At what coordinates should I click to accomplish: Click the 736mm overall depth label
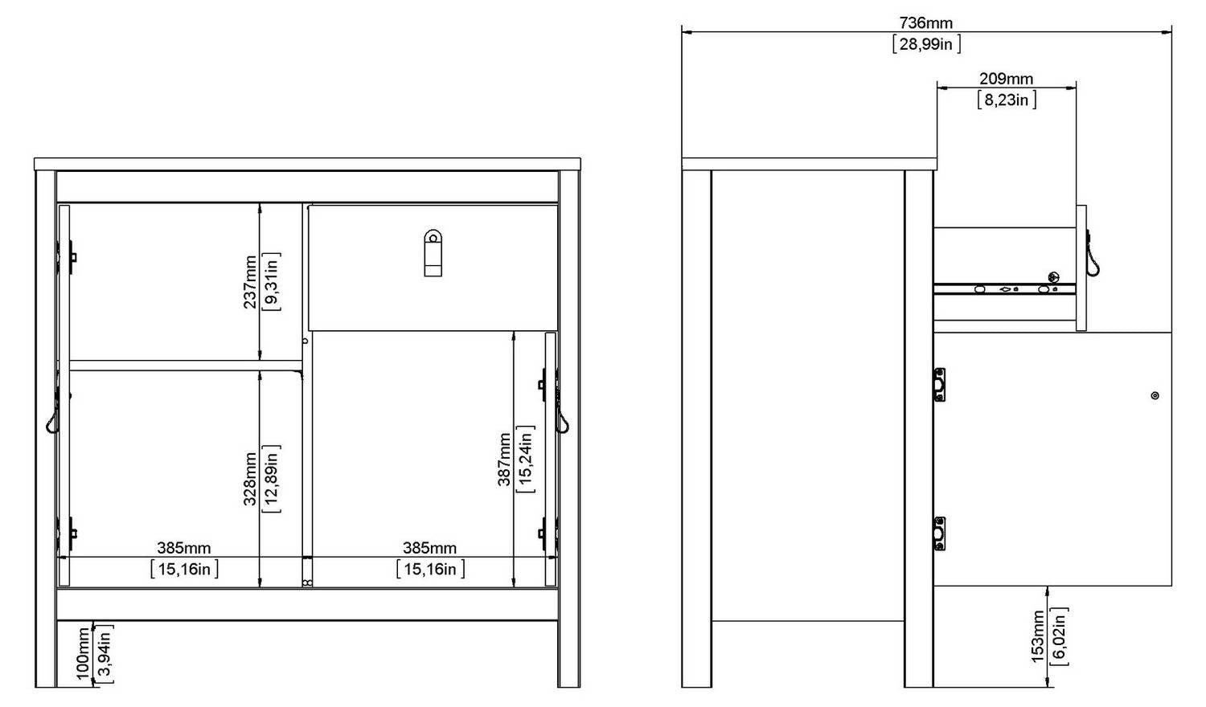click(x=925, y=23)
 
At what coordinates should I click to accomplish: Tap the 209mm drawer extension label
click(x=1007, y=79)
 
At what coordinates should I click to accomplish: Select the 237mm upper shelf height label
click(x=250, y=282)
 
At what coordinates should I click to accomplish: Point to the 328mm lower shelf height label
click(x=250, y=479)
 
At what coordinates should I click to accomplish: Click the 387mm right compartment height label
click(x=504, y=460)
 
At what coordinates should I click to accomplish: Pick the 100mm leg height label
click(x=83, y=654)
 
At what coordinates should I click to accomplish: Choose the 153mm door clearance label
click(x=1038, y=636)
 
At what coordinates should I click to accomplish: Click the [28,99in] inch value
click(x=926, y=44)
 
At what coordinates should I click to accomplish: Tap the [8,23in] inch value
click(x=1007, y=100)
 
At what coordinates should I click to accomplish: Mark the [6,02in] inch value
click(x=1060, y=636)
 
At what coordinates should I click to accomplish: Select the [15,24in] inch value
click(x=526, y=459)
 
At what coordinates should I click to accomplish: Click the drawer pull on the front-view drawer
click(x=433, y=253)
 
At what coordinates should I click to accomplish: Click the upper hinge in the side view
click(x=939, y=385)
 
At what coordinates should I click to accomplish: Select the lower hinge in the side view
click(x=939, y=533)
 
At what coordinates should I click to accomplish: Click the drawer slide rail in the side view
click(x=1005, y=289)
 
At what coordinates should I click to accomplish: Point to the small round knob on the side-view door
click(x=1155, y=395)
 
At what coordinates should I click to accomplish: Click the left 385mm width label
click(x=183, y=548)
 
